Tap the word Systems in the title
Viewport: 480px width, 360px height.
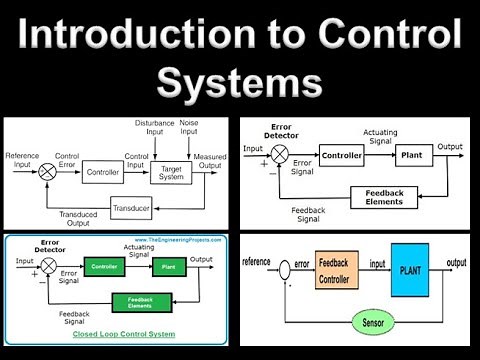pos(240,82)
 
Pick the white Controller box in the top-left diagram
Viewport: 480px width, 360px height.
pos(103,172)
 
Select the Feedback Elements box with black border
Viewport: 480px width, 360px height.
pos(384,197)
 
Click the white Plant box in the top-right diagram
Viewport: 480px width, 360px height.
pos(410,156)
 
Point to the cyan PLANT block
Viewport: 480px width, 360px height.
pos(409,270)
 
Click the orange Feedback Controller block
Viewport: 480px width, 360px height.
pos(337,270)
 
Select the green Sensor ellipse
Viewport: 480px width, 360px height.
pos(372,322)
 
